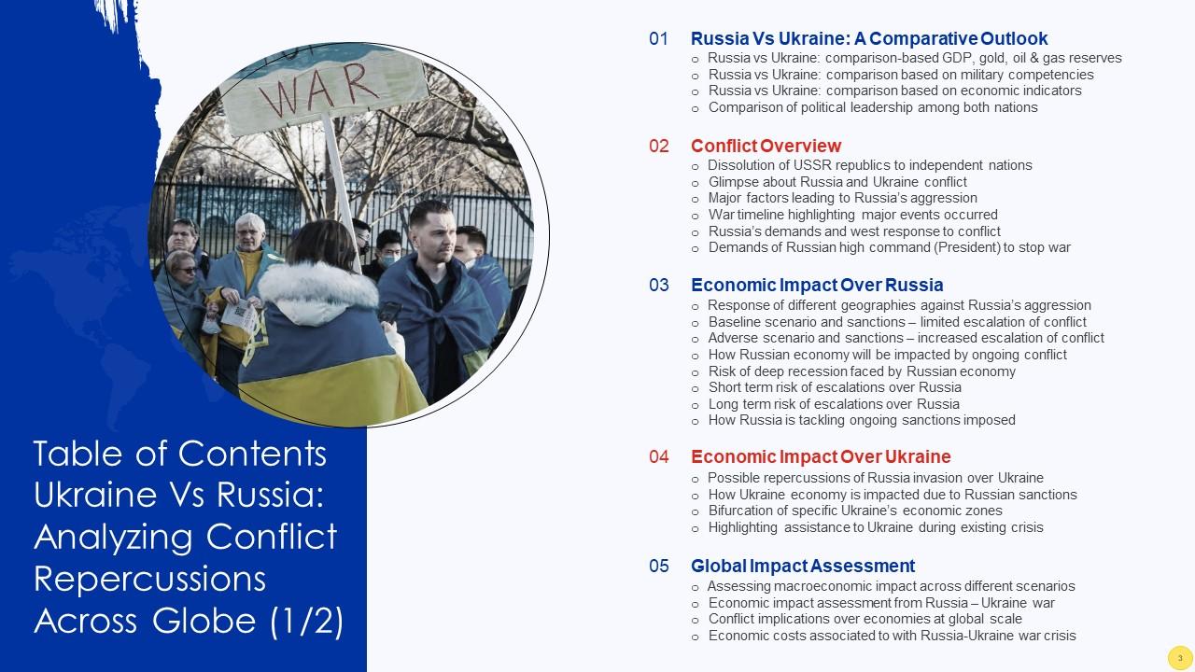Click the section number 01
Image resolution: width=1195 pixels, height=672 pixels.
[x=659, y=39]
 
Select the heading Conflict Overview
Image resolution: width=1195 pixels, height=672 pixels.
[x=766, y=146]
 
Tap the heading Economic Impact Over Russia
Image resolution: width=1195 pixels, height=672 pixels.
[x=817, y=285]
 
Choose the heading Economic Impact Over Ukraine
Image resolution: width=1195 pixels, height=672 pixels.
[x=821, y=456]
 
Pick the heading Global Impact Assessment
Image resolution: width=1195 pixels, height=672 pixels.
[x=803, y=566]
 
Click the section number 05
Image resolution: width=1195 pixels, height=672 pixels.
[x=659, y=566]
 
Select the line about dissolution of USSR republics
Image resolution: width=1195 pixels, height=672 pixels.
[x=869, y=165]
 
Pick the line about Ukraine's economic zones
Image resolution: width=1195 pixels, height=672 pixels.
[x=854, y=511]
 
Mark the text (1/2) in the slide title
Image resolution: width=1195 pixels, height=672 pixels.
[x=308, y=620]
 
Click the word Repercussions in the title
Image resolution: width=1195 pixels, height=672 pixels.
[x=150, y=579]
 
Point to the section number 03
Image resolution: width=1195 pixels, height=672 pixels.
[x=659, y=285]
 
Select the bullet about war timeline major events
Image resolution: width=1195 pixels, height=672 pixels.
[x=852, y=215]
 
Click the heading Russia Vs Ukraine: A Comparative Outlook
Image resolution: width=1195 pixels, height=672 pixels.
[x=868, y=39]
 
